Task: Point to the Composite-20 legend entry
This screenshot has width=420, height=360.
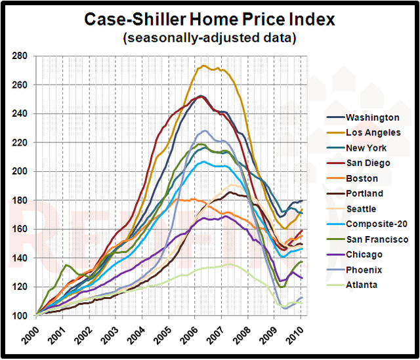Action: click(x=377, y=224)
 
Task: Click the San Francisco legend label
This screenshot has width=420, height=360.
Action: click(x=378, y=239)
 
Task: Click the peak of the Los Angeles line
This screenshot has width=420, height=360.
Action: click(x=204, y=66)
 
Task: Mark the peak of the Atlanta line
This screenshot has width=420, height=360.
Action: click(x=229, y=264)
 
